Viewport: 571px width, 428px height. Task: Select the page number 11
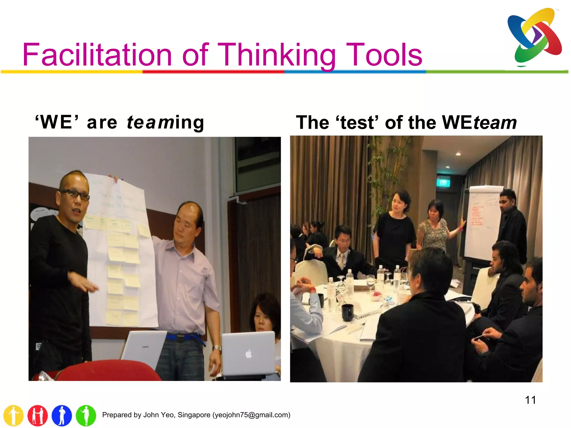pyautogui.click(x=530, y=400)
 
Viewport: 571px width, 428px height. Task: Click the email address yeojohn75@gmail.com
pyautogui.click(x=251, y=415)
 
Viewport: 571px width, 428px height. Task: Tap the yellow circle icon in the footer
pyautogui.click(x=13, y=415)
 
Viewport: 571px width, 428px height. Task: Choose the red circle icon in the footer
pyautogui.click(x=38, y=415)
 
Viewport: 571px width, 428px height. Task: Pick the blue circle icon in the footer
pyautogui.click(x=62, y=415)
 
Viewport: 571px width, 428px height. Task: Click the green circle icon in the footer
pyautogui.click(x=86, y=415)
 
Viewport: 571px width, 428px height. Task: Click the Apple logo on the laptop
pyautogui.click(x=249, y=354)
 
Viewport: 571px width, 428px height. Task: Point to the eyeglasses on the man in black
pyautogui.click(x=75, y=194)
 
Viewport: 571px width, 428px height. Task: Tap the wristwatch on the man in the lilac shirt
pyautogui.click(x=217, y=348)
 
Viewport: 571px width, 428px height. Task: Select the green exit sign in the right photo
pyautogui.click(x=443, y=183)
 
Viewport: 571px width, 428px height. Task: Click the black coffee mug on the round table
pyautogui.click(x=348, y=312)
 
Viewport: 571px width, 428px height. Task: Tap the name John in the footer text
pyautogui.click(x=151, y=415)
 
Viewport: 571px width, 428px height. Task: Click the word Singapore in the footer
pyautogui.click(x=194, y=415)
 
